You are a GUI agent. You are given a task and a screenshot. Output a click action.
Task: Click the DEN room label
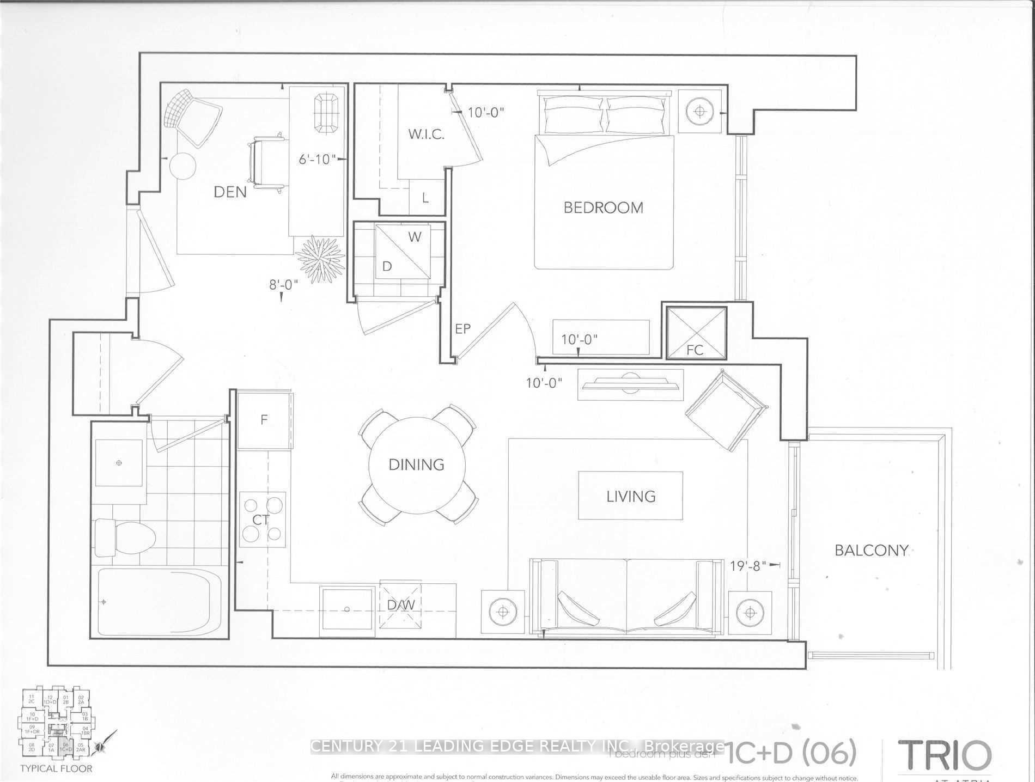pyautogui.click(x=229, y=192)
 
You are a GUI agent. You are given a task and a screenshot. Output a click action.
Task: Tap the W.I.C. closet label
pyautogui.click(x=426, y=134)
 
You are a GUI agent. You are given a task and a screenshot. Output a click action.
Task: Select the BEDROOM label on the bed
pyautogui.click(x=603, y=207)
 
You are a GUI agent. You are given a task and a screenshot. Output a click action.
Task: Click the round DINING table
pyautogui.click(x=417, y=465)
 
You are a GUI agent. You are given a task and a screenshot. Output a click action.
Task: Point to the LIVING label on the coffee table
pyautogui.click(x=631, y=496)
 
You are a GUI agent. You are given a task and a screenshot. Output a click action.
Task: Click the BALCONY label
pyautogui.click(x=871, y=550)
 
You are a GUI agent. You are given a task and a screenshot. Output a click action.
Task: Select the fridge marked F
pyautogui.click(x=264, y=420)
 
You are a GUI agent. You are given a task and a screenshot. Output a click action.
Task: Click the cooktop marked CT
pyautogui.click(x=262, y=519)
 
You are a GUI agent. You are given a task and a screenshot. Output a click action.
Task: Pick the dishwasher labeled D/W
pyautogui.click(x=401, y=605)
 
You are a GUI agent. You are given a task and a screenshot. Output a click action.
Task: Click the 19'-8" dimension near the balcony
pyautogui.click(x=748, y=566)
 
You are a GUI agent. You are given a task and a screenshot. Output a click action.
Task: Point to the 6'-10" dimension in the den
pyautogui.click(x=316, y=159)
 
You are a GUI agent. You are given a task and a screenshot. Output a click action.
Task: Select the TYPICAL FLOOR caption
pyautogui.click(x=56, y=769)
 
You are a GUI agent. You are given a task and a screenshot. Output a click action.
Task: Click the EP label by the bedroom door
pyautogui.click(x=462, y=329)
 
